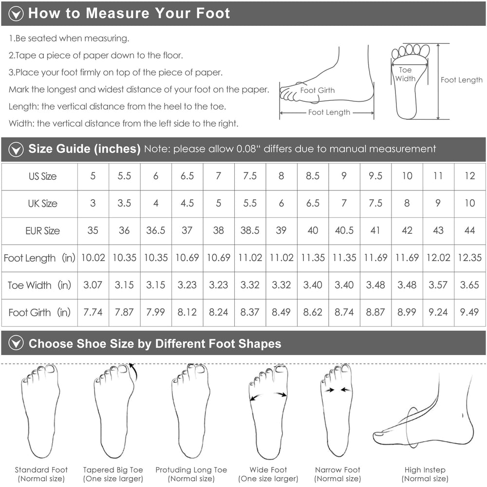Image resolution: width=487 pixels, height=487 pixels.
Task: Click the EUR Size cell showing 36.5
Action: click(156, 230)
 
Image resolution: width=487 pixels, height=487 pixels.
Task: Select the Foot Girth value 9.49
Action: click(469, 312)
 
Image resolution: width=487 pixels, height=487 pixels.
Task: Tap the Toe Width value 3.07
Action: click(93, 285)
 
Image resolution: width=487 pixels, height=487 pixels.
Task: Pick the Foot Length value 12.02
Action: click(438, 258)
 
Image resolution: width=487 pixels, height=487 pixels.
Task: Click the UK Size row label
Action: click(42, 204)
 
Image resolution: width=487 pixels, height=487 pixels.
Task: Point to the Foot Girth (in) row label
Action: click(39, 312)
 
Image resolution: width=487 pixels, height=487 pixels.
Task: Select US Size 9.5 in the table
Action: click(375, 176)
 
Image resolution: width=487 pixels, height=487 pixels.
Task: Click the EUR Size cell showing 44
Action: click(469, 230)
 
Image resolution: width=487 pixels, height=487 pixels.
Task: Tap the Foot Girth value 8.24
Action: click(218, 312)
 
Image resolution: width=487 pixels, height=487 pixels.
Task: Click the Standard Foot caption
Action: click(41, 474)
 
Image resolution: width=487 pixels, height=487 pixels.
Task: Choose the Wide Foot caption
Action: click(268, 474)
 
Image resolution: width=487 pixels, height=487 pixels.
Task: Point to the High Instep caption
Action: click(425, 474)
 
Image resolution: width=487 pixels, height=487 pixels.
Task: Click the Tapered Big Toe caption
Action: click(113, 474)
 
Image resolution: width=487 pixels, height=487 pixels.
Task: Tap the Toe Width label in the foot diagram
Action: click(405, 74)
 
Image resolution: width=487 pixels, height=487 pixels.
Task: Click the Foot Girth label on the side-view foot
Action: click(318, 91)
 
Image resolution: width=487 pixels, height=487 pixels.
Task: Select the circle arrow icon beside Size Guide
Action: click(16, 150)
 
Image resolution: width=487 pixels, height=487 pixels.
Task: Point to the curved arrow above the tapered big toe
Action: click(134, 372)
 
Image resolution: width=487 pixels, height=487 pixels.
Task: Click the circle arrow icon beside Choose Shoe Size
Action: click(16, 343)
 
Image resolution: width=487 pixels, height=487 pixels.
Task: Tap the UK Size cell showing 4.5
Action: click(187, 203)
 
